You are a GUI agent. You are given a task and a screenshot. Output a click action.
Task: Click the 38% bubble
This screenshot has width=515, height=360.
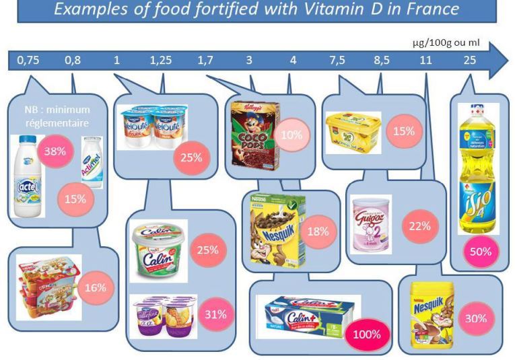(55, 151)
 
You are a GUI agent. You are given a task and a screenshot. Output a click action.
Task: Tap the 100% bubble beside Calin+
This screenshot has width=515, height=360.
(368, 334)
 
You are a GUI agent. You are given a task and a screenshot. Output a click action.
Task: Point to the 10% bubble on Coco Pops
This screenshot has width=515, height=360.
(291, 135)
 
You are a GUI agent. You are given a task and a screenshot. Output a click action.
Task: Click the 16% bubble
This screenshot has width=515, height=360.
(96, 287)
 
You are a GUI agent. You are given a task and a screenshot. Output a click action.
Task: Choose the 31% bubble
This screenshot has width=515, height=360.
(215, 314)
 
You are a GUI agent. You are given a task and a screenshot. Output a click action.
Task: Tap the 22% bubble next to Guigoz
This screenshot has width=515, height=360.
(419, 227)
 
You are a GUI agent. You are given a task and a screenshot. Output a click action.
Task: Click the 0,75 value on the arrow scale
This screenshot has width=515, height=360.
(28, 60)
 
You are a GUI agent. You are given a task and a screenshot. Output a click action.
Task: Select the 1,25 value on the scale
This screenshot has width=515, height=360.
(160, 60)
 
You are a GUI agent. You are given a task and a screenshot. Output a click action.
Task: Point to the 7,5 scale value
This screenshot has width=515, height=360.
(337, 60)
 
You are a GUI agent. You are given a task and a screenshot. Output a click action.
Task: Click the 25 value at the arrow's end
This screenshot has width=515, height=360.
(469, 60)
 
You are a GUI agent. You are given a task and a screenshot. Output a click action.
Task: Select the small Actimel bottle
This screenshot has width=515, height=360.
(92, 161)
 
